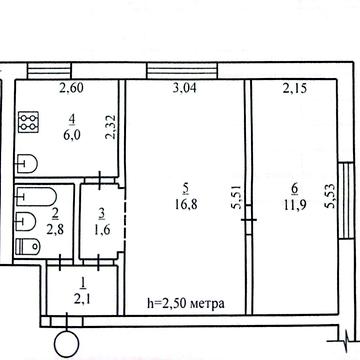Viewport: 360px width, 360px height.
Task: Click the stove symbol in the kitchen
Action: pyautogui.click(x=28, y=122)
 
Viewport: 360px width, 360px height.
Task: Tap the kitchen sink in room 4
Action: pyautogui.click(x=27, y=164)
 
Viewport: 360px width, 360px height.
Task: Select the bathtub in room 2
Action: pyautogui.click(x=36, y=197)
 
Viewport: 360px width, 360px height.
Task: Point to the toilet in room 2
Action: pyautogui.click(x=28, y=246)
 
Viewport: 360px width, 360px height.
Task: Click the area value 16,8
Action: pyautogui.click(x=186, y=204)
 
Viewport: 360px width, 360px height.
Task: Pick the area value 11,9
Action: pyautogui.click(x=295, y=204)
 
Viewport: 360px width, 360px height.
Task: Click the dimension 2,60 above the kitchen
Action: pyautogui.click(x=71, y=88)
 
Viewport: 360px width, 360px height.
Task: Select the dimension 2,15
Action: pyautogui.click(x=294, y=88)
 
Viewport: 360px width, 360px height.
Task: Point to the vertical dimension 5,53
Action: pyautogui.click(x=330, y=197)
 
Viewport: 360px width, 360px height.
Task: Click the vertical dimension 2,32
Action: pyautogui.click(x=111, y=127)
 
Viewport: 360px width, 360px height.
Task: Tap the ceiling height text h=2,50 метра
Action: pyautogui.click(x=186, y=304)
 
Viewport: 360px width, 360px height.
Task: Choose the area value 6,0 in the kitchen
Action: pyautogui.click(x=72, y=135)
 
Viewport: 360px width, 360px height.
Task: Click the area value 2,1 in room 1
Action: pyautogui.click(x=83, y=299)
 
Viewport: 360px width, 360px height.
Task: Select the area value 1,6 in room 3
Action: pyautogui.click(x=102, y=230)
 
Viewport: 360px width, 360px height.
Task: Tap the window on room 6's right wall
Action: pyautogui.click(x=346, y=200)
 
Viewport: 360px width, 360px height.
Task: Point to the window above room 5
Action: pyautogui.click(x=182, y=71)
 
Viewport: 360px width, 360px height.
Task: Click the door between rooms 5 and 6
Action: pyautogui.click(x=248, y=220)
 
